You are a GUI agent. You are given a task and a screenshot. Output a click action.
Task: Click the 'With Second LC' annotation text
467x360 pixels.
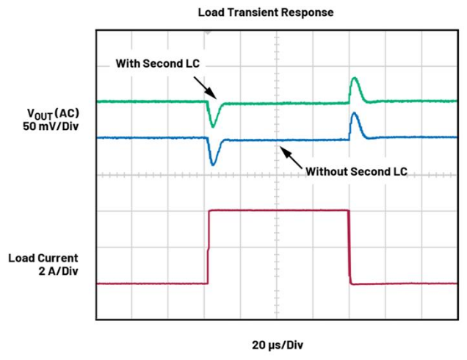[x=158, y=64]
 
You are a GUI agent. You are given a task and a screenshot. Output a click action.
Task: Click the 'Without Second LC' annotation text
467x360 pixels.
[x=356, y=171]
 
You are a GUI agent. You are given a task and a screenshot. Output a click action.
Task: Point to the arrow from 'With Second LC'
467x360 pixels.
[x=206, y=87]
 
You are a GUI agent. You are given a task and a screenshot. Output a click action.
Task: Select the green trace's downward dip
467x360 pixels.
[x=212, y=125]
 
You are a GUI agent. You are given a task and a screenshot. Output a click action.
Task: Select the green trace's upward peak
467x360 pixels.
[x=354, y=79]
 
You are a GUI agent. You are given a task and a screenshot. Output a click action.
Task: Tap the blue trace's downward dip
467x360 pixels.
[x=212, y=162]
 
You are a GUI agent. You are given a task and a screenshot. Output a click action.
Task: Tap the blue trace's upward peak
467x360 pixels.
[x=354, y=115]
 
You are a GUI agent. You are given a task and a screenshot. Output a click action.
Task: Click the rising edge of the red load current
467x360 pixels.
[x=209, y=246]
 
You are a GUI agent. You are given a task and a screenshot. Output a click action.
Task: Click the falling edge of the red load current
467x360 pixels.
[x=349, y=246]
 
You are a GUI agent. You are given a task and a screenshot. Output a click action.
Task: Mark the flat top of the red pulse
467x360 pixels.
[x=279, y=211]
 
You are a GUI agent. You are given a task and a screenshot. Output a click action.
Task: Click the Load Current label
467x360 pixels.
[x=43, y=258]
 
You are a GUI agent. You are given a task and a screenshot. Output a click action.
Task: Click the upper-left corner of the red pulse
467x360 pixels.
[x=211, y=212]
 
